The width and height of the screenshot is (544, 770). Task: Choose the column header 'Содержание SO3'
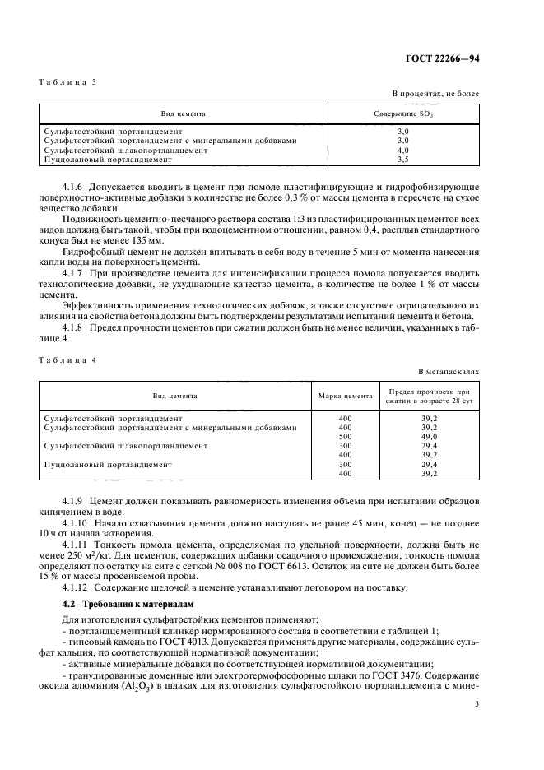[403, 114]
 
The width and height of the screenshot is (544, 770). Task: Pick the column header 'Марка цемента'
[345, 396]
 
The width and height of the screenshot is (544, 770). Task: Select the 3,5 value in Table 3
[403, 160]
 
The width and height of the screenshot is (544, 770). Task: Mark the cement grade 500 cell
[345, 437]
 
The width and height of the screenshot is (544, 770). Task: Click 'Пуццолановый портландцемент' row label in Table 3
[95, 160]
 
